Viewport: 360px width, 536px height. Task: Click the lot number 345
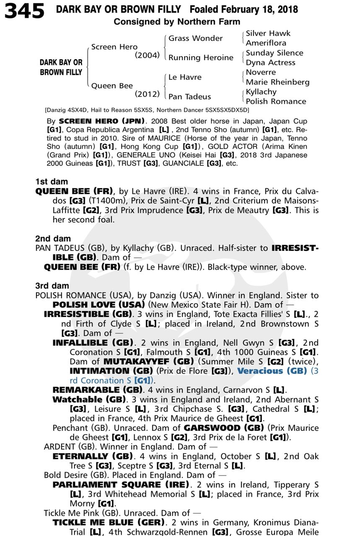click(x=25, y=11)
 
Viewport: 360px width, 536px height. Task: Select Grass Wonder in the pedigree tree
click(x=195, y=38)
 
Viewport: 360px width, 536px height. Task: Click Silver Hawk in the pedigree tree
click(x=268, y=33)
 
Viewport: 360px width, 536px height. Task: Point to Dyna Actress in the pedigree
click(x=270, y=62)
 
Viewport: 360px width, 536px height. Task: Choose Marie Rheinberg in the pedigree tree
click(x=277, y=82)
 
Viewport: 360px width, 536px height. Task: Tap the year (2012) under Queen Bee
click(x=147, y=94)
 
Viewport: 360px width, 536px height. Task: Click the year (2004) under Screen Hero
click(x=147, y=55)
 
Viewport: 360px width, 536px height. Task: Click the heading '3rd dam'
click(x=52, y=286)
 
